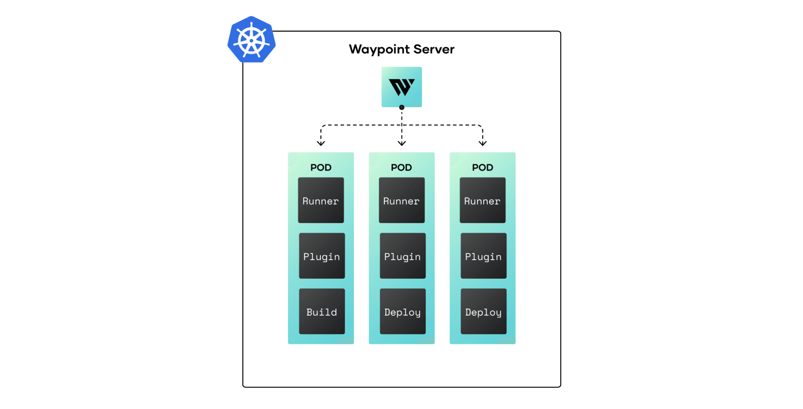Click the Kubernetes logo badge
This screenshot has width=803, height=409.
click(x=251, y=40)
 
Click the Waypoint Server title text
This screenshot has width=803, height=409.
click(x=401, y=49)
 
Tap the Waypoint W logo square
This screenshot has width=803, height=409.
click(x=401, y=86)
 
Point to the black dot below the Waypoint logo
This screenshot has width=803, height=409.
click(x=401, y=107)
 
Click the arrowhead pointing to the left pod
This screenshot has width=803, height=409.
click(x=321, y=144)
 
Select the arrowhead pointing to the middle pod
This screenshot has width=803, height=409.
click(x=401, y=144)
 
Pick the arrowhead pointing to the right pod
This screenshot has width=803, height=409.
click(x=483, y=144)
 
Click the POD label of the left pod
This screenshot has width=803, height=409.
click(x=321, y=167)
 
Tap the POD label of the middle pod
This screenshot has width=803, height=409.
click(x=401, y=167)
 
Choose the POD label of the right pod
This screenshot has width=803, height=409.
click(x=483, y=167)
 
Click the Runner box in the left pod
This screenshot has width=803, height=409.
click(x=321, y=200)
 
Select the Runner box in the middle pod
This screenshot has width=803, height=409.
click(x=401, y=200)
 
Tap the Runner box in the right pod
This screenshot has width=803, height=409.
click(x=483, y=200)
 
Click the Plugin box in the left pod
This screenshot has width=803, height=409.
click(x=322, y=256)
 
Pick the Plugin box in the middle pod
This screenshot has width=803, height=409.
click(x=403, y=256)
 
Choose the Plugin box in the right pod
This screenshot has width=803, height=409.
click(x=483, y=256)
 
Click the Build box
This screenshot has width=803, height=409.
click(x=322, y=311)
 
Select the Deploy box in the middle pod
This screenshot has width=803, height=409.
click(x=403, y=311)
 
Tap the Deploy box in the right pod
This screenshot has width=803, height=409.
click(x=483, y=311)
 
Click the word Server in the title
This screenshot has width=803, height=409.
click(x=434, y=49)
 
